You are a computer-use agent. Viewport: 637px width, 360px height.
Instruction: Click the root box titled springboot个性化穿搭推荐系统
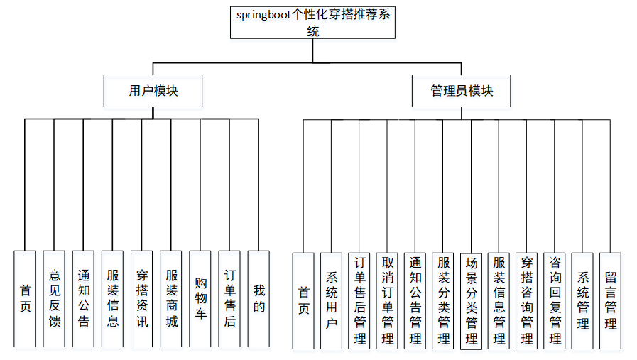[x=313, y=23]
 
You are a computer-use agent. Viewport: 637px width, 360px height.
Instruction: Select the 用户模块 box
[x=153, y=91]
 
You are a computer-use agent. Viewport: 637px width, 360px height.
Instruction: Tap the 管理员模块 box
[x=461, y=91]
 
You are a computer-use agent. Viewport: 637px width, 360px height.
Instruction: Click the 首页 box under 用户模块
[x=25, y=298]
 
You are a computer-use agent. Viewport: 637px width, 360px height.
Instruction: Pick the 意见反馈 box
[x=54, y=298]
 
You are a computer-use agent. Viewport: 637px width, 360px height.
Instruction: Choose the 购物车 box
[x=200, y=298]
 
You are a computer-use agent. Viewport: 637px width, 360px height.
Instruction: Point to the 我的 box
[x=259, y=298]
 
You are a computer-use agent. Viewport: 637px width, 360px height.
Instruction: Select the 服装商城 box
[x=171, y=298]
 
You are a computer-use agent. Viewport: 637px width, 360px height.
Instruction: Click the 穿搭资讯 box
[x=141, y=298]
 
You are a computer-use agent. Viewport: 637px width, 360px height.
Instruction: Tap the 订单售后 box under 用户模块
[x=229, y=298]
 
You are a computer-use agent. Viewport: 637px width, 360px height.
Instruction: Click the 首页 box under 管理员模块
[x=303, y=300]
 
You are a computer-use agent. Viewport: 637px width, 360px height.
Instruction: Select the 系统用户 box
[x=331, y=300]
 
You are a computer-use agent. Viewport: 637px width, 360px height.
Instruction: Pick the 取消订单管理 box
[x=387, y=300]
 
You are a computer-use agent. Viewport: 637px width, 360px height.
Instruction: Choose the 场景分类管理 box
[x=471, y=300]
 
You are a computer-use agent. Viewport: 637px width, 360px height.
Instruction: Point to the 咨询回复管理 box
[x=555, y=300]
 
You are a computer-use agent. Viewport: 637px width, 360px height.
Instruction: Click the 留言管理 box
[x=610, y=300]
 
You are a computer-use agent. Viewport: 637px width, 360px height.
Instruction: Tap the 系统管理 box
[x=582, y=300]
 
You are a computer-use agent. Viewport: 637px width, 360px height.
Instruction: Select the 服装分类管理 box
[x=443, y=300]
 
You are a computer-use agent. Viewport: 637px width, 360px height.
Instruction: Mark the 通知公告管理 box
[x=415, y=300]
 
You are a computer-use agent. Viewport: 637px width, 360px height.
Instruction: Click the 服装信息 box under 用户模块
[x=112, y=298]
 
